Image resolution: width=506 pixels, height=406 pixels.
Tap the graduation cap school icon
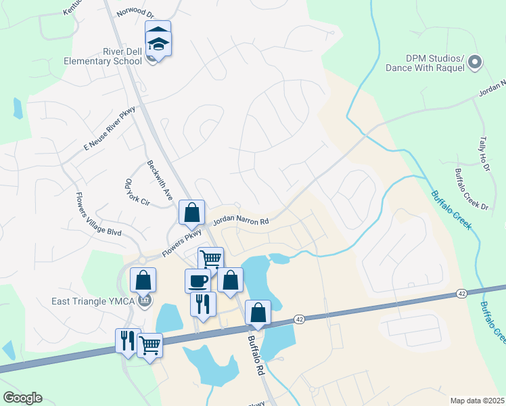coord(158,44)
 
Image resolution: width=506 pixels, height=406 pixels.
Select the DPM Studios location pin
coord(475,63)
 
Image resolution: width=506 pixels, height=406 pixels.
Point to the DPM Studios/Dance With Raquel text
coord(425,63)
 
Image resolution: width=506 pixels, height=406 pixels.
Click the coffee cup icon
coord(198,280)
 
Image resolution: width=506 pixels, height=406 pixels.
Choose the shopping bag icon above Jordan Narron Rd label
coord(192,212)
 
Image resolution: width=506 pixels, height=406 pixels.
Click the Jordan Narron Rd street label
coord(241,221)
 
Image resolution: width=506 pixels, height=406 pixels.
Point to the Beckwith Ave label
coord(160,179)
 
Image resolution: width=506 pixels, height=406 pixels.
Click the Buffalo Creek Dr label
coord(471,188)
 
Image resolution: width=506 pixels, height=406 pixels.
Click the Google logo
coord(22,398)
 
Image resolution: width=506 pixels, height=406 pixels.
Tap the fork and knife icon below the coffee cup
coord(203,304)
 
